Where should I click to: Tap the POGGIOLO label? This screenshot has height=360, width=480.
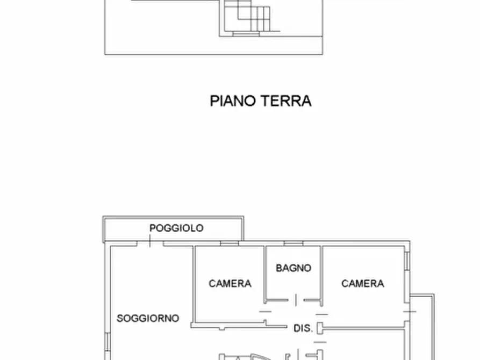tap(176, 228)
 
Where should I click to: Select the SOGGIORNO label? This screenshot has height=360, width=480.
tap(148, 318)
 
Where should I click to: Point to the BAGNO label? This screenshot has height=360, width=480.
tap(293, 268)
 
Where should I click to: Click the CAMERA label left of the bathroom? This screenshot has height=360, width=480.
tap(230, 283)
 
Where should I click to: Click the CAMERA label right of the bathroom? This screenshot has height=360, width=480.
tap(362, 283)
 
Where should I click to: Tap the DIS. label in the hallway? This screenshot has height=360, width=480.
tap(303, 328)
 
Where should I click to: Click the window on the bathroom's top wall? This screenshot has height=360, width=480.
tap(293, 243)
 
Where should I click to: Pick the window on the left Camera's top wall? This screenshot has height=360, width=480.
tap(230, 243)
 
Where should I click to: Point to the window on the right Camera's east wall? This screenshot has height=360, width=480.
tap(407, 261)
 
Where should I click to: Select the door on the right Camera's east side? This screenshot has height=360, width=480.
tap(410, 311)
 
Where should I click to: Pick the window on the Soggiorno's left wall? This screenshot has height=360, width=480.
tap(107, 341)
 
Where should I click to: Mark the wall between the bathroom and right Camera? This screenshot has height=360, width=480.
tap(321, 274)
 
